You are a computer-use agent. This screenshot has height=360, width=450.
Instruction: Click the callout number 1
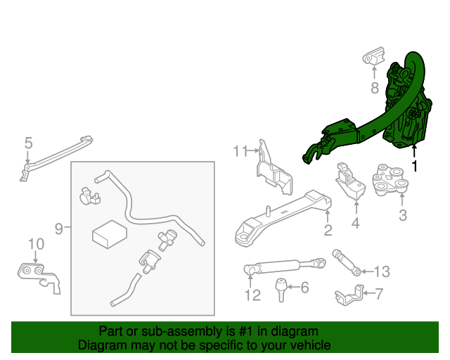pyautogui.click(x=414, y=167)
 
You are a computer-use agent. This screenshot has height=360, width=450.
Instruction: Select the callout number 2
pyautogui.click(x=328, y=231)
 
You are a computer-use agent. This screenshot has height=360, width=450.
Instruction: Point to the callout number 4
pyautogui.click(x=355, y=224)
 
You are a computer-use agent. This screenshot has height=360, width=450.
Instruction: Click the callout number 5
pyautogui.click(x=28, y=143)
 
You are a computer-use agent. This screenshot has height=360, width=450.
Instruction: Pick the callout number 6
pyautogui.click(x=304, y=288)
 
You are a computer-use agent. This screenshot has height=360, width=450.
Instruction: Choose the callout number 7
pyautogui.click(x=379, y=293)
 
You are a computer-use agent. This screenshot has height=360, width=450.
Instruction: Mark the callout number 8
pyautogui.click(x=375, y=89)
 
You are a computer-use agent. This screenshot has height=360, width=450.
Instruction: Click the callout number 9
pyautogui.click(x=59, y=228)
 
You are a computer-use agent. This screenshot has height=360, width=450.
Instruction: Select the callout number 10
pyautogui.click(x=36, y=244)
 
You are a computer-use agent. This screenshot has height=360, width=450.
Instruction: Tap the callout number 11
pyautogui.click(x=240, y=150)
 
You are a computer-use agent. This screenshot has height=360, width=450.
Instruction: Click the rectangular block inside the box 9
pyautogui.click(x=109, y=233)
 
